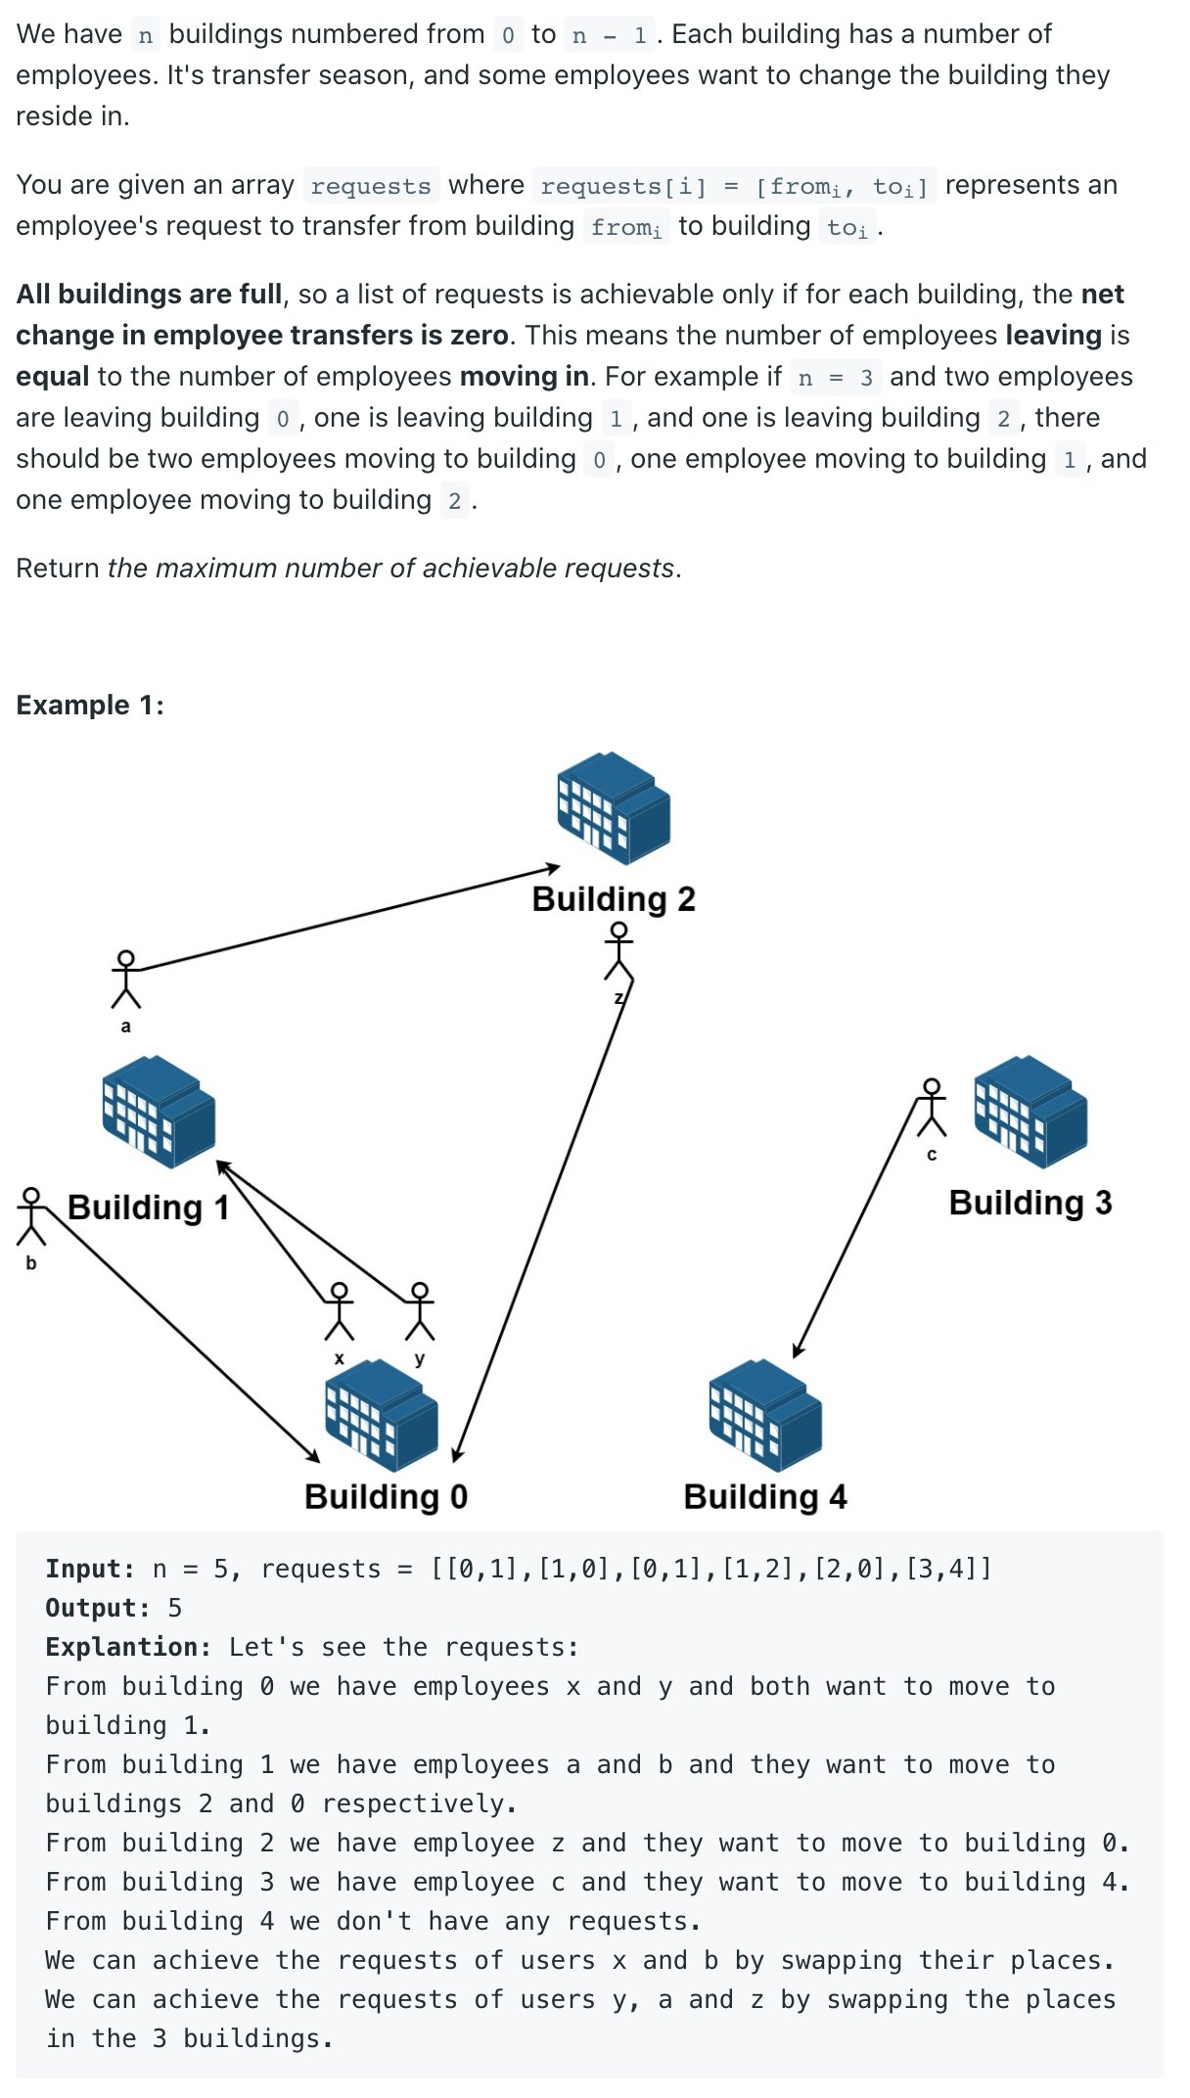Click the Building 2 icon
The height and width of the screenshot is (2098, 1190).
coord(614,807)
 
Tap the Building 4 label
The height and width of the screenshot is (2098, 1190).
coord(764,1496)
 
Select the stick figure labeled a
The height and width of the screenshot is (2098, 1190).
coord(125,979)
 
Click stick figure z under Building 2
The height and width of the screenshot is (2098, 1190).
coord(618,952)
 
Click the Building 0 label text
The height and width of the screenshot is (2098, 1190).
coord(386,1496)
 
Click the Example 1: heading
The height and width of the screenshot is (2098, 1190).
coord(90,705)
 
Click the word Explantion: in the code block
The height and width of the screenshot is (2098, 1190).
coord(127,1647)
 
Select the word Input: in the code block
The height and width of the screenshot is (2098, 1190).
coord(89,1569)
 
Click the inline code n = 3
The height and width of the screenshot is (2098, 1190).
coord(835,378)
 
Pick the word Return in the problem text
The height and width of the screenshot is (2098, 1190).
coord(57,568)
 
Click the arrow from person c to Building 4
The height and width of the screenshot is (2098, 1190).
coord(856,1228)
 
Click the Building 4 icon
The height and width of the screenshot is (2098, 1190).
coord(764,1414)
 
